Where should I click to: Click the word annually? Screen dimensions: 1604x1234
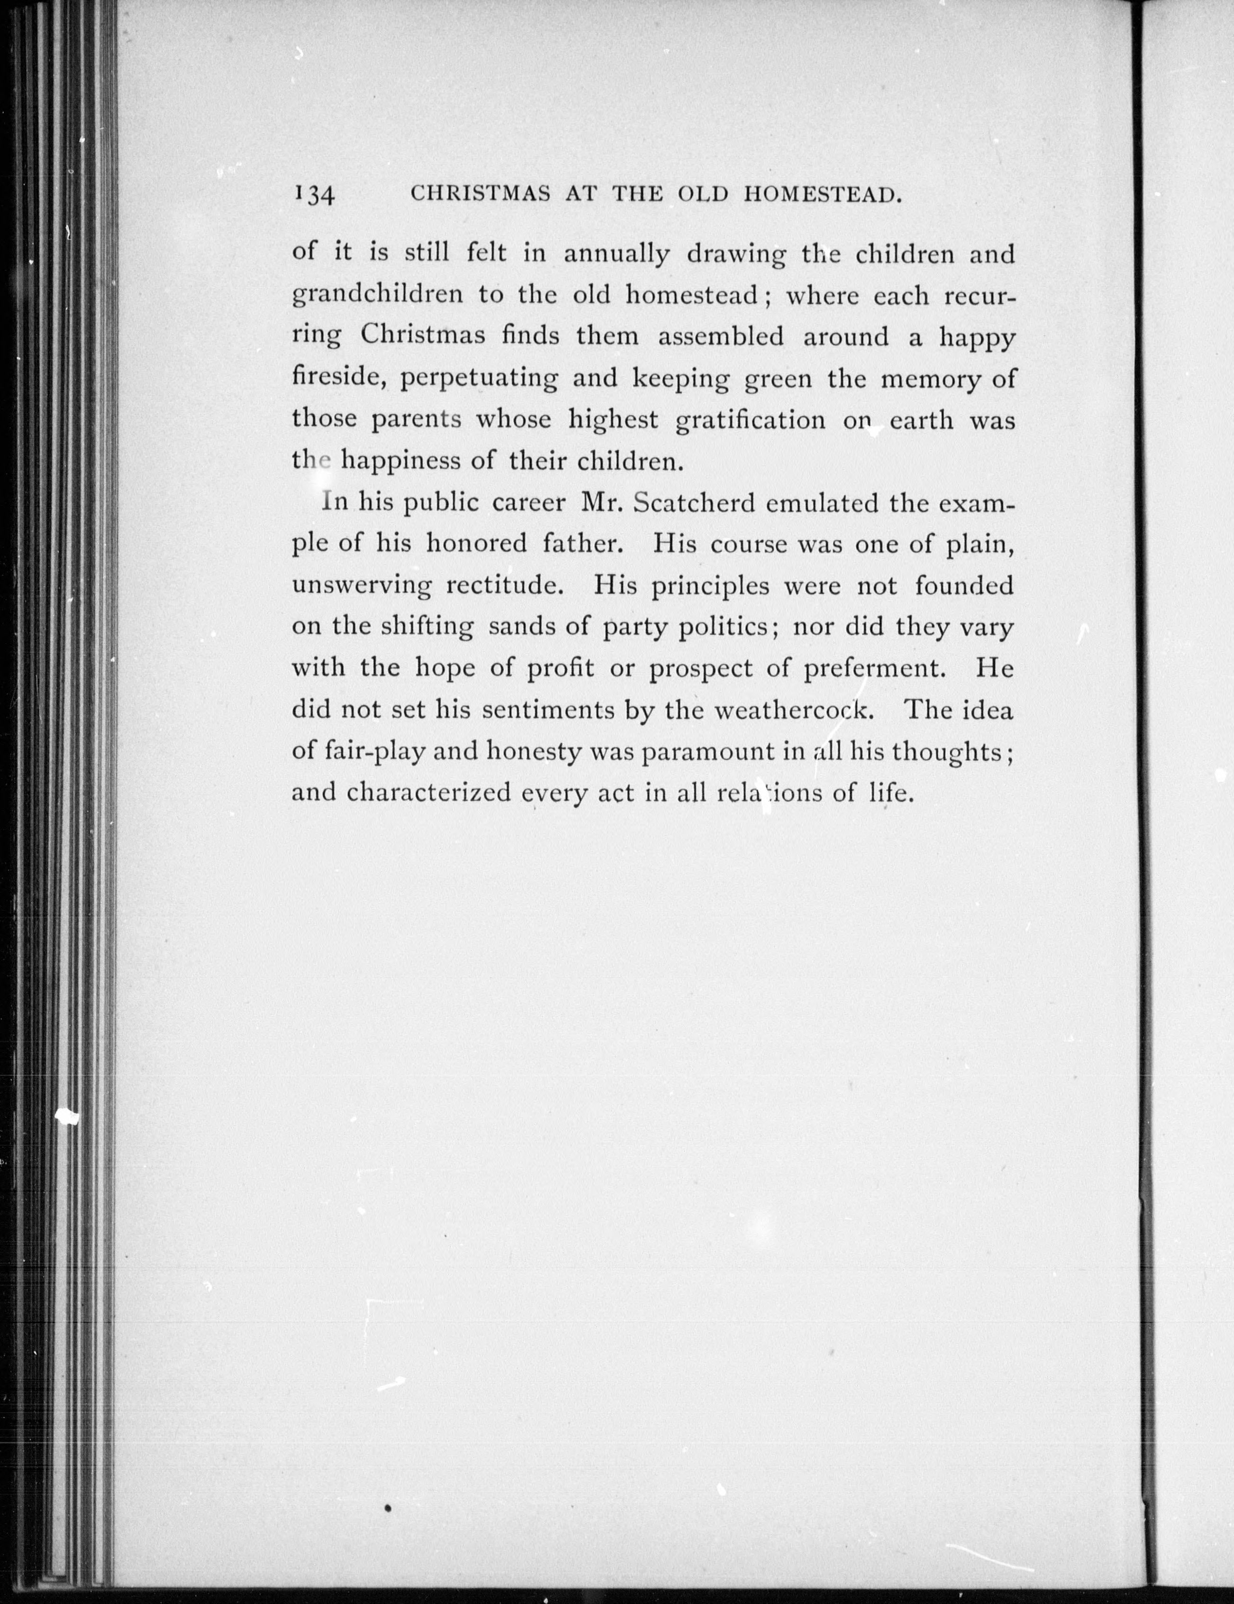click(x=617, y=255)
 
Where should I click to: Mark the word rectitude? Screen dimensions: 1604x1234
click(x=507, y=585)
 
